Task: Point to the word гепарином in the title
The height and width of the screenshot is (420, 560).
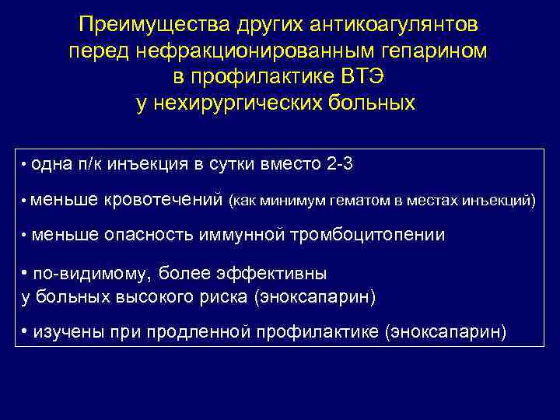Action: coord(425,51)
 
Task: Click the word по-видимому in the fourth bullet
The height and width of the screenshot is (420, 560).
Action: coord(91,274)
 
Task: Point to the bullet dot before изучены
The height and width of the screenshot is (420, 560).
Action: coord(25,332)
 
